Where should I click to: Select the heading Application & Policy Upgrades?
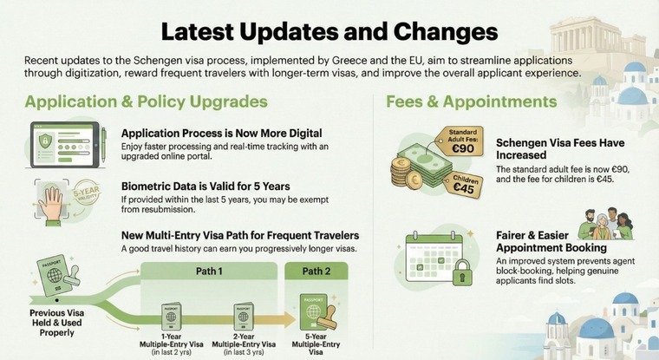pos(146,102)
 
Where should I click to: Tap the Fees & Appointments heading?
pos(472,102)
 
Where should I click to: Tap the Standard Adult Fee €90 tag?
pos(461,141)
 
